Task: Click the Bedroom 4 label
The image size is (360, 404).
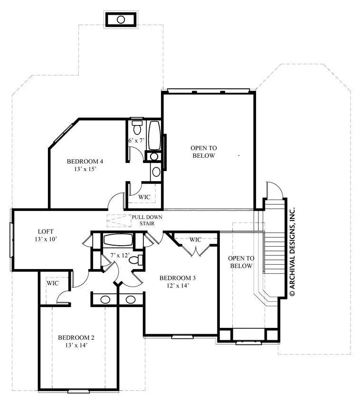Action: (85, 162)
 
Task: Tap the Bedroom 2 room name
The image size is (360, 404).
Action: (76, 337)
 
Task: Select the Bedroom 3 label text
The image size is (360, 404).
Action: (178, 278)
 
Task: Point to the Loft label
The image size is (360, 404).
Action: (46, 231)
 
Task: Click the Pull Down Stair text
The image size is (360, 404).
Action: (147, 220)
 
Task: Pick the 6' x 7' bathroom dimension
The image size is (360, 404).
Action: (136, 140)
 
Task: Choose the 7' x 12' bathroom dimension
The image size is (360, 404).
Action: (120, 255)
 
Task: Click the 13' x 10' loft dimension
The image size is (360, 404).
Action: (46, 239)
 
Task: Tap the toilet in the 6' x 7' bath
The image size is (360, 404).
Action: (137, 127)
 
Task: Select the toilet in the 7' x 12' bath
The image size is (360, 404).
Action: (136, 260)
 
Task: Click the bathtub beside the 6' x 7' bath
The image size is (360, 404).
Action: (154, 135)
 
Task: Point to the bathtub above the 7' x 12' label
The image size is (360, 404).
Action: (118, 240)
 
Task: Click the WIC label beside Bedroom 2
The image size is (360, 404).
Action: (53, 283)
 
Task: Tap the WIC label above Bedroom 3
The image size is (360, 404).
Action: (196, 240)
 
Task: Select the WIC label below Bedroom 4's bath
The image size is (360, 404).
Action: (144, 197)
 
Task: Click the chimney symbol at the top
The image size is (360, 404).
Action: (121, 19)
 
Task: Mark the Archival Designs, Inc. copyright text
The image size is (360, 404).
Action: (292, 251)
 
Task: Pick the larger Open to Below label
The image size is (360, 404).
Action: (204, 152)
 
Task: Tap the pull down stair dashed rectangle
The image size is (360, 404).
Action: (119, 221)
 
